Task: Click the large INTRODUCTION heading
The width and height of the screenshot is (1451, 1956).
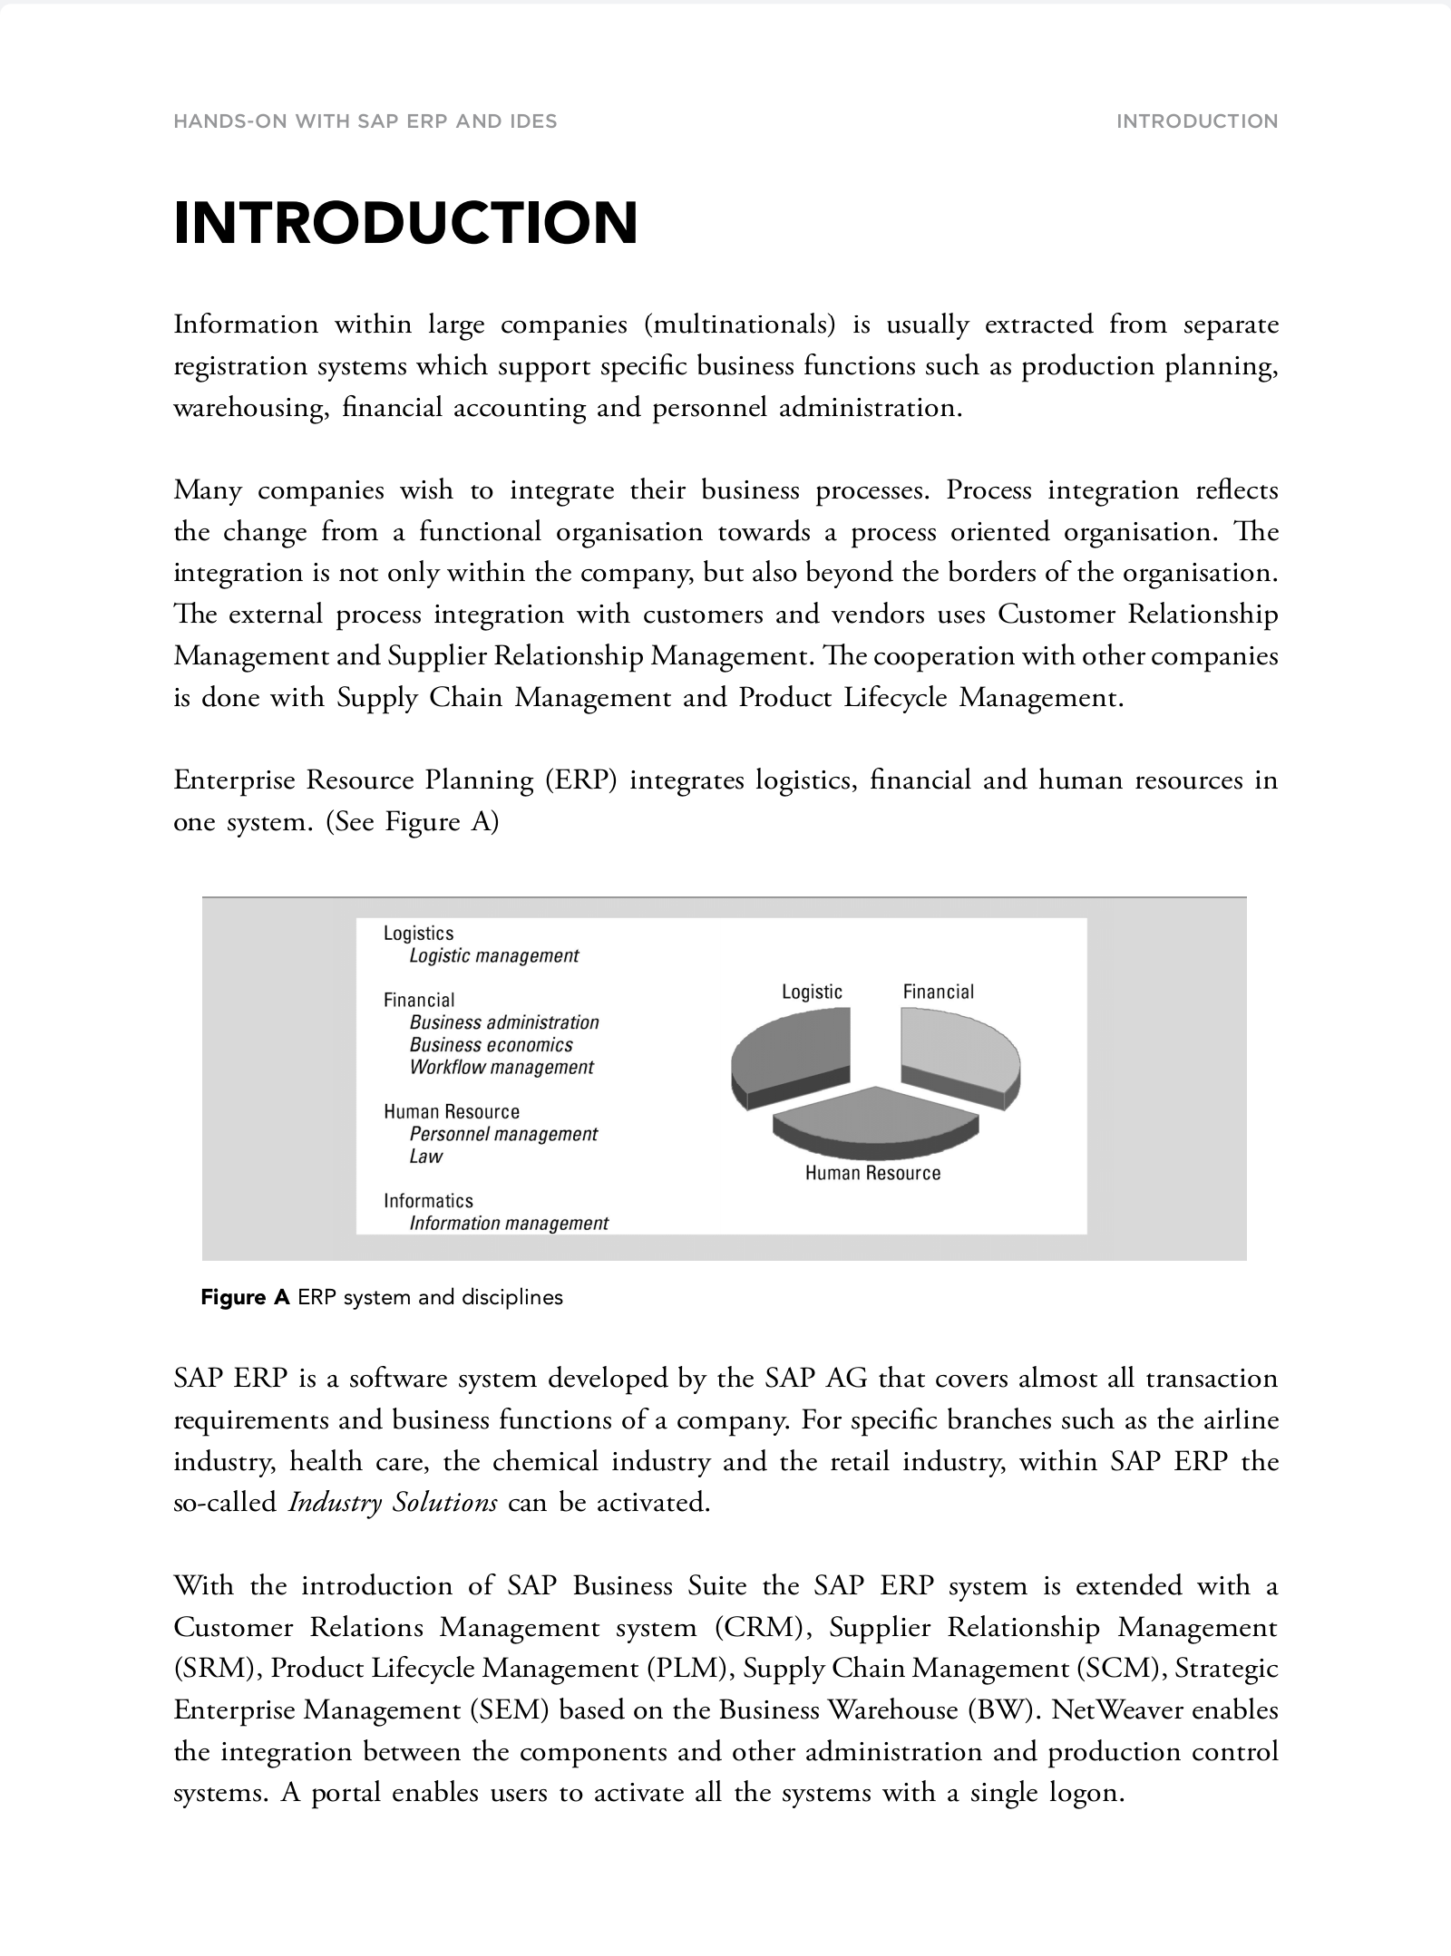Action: point(405,223)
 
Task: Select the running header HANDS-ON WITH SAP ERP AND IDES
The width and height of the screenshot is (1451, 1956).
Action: point(365,121)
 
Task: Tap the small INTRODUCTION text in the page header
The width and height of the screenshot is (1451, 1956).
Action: point(1196,121)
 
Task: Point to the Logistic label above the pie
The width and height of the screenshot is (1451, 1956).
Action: point(812,992)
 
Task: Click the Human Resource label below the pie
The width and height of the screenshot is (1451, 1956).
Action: point(872,1173)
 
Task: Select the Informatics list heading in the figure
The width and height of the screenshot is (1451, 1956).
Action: point(428,1201)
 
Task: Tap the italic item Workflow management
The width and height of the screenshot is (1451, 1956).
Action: point(502,1067)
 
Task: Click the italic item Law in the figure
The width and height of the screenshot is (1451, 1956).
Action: point(426,1157)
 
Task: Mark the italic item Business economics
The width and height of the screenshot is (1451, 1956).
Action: point(491,1044)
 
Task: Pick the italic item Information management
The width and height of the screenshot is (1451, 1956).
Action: point(509,1224)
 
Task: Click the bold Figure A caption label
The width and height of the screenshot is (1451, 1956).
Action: point(245,1297)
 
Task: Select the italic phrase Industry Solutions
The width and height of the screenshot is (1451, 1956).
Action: point(393,1503)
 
